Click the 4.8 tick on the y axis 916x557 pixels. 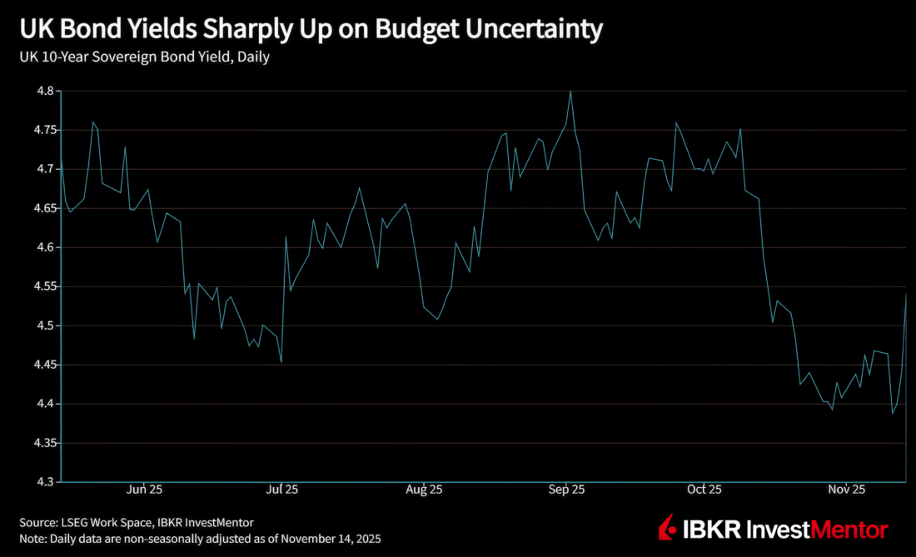(x=43, y=91)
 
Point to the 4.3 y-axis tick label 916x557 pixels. (x=43, y=482)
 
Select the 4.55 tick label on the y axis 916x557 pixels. (x=40, y=286)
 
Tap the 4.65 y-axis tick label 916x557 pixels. (x=40, y=208)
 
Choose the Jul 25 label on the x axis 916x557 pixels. (x=282, y=490)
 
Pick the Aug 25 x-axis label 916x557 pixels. (x=425, y=490)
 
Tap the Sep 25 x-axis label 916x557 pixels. (x=566, y=490)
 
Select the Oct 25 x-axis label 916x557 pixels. (x=704, y=490)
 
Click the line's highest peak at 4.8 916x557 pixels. (x=570, y=92)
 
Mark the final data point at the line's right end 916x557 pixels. (x=906, y=294)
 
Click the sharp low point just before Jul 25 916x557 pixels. (x=281, y=362)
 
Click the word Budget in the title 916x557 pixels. (x=416, y=30)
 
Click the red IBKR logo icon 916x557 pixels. (x=668, y=528)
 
